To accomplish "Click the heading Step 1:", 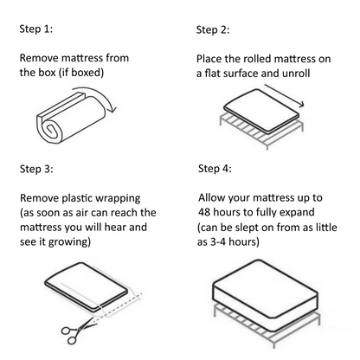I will point(35,29).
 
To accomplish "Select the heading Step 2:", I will point(213,30).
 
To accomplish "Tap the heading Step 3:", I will point(35,167).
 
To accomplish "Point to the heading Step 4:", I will point(215,168).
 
